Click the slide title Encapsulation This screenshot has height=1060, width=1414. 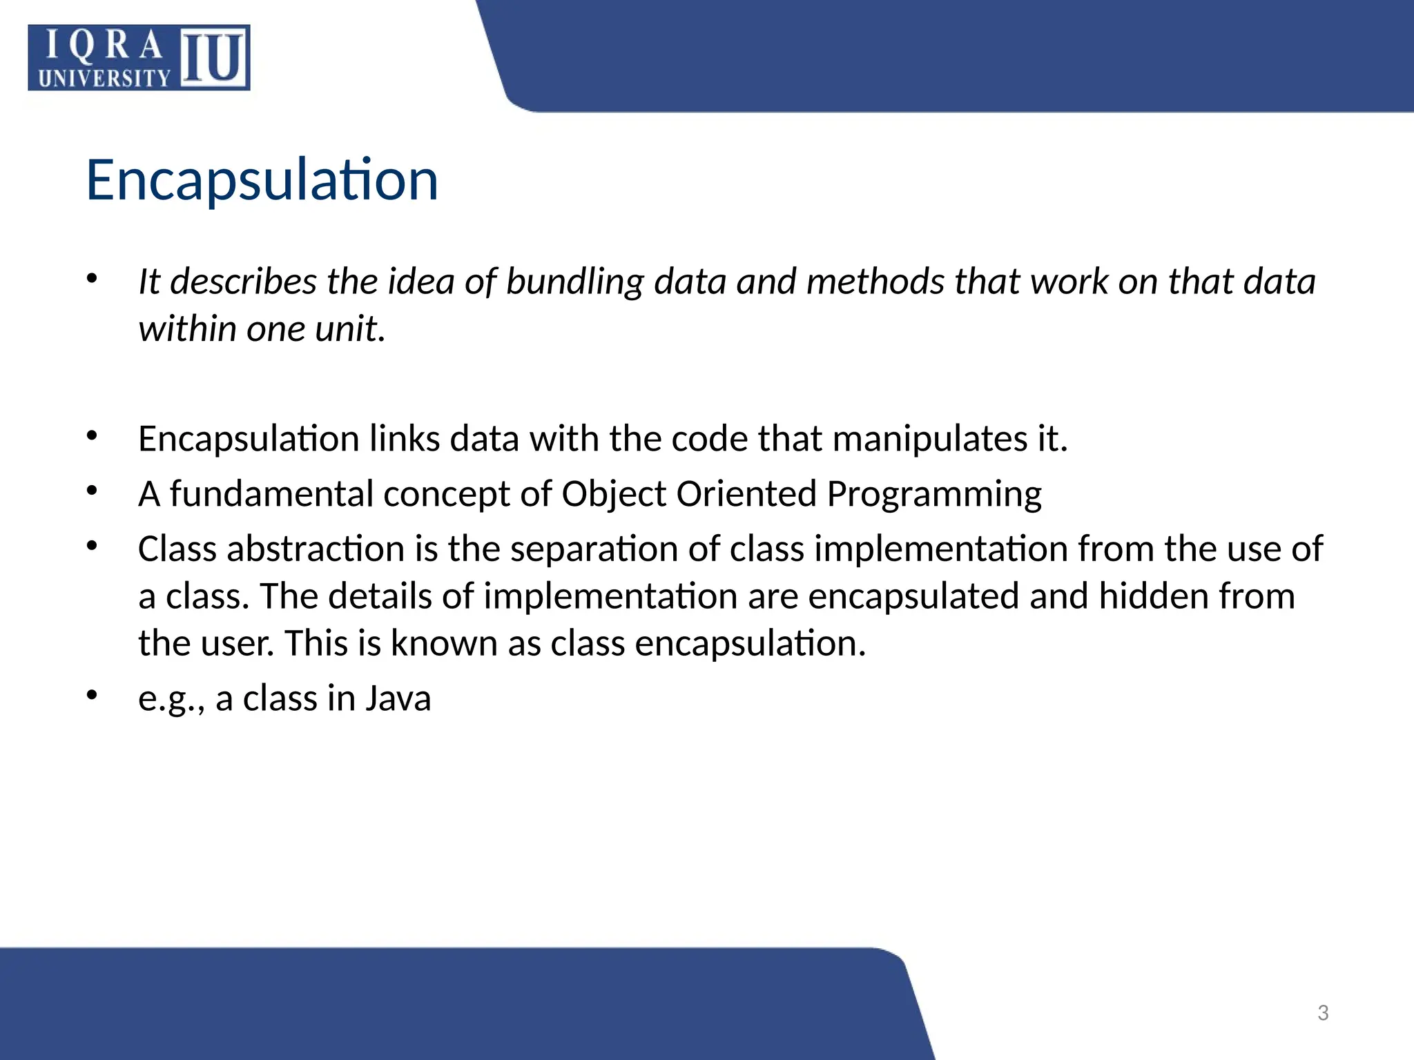(262, 180)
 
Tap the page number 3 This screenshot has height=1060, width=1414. (1323, 1013)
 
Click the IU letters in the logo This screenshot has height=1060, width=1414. (214, 58)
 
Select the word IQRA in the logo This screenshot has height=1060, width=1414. (104, 46)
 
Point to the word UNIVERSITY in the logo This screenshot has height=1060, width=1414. (104, 79)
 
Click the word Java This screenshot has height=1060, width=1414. (398, 698)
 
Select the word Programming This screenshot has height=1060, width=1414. (934, 495)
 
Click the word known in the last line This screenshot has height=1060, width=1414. (443, 643)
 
